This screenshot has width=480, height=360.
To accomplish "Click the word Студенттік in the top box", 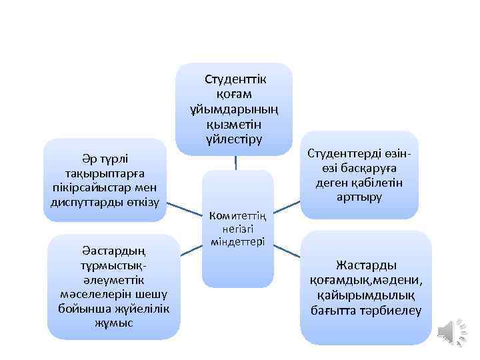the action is [235, 80].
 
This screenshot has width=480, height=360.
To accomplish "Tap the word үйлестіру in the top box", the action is [235, 139].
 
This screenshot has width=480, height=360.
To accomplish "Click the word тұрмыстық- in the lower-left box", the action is [112, 266].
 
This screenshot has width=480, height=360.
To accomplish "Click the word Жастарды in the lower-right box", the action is [366, 265].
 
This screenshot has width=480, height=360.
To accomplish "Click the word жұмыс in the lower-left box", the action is [114, 323].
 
